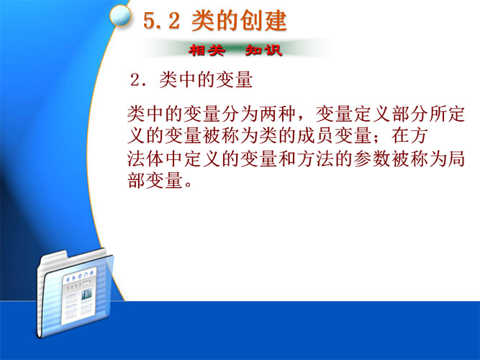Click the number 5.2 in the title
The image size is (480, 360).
pos(161,21)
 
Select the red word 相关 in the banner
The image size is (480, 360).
pos(207,50)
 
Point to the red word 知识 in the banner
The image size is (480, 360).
pos(263,50)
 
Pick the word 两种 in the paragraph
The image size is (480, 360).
pos(278,114)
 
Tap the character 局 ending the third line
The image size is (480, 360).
pos(456,158)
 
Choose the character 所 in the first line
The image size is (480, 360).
pos(438,114)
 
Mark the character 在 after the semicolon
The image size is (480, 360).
pos(400,136)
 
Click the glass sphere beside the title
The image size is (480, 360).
pos(121,15)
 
